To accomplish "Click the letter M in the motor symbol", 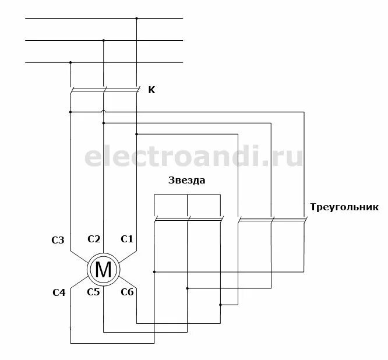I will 103,269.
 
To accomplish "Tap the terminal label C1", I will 127,239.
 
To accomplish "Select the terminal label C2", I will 94,239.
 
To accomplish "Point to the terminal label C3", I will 58,239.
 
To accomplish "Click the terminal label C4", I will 58,292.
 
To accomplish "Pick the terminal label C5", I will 94,292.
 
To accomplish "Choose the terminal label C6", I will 127,292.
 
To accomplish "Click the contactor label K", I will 152,90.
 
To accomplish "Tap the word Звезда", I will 186,181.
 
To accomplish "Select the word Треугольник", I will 345,207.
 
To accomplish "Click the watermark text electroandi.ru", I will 194,156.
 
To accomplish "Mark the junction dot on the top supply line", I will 136,19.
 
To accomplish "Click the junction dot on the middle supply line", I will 104,40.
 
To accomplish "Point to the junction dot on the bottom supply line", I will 70,62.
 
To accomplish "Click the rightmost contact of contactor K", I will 137,90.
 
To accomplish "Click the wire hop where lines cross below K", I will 104,112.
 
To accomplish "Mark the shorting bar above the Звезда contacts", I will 187,195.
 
